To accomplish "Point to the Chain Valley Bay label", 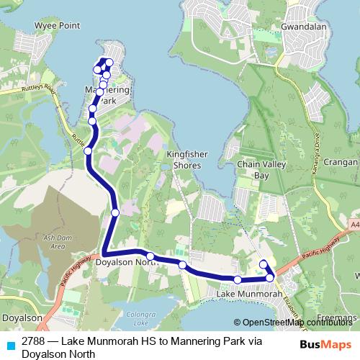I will point(253,170).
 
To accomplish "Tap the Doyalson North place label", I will point(127,264).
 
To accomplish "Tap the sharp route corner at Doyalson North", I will point(104,254).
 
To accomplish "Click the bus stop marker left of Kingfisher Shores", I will point(88,150).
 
